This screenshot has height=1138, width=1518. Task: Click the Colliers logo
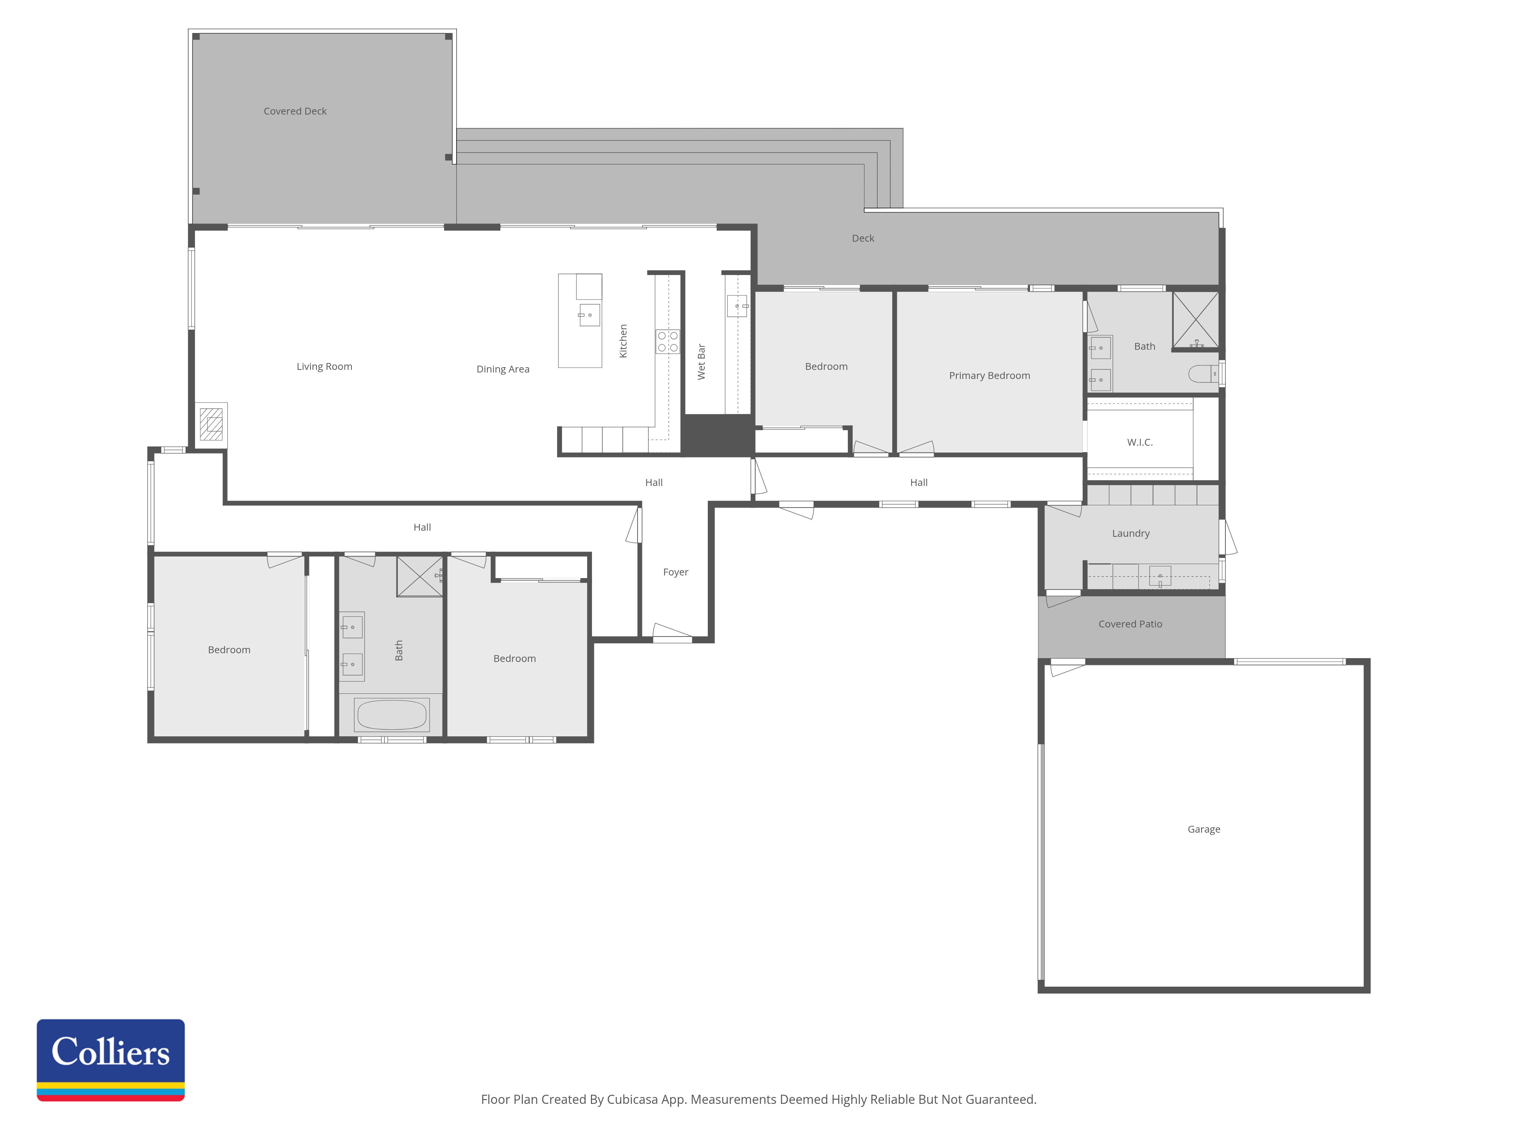point(110,1060)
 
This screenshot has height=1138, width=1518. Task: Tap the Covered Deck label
point(295,111)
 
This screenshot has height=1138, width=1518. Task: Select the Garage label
point(1204,829)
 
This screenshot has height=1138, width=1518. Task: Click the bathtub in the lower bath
point(392,715)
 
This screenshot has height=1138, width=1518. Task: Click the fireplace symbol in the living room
point(211,424)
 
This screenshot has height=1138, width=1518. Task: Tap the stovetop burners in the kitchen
point(668,342)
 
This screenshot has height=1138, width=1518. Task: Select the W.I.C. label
point(1140,442)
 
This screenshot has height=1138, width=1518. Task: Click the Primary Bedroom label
point(990,376)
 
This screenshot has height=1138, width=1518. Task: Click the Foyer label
point(675,572)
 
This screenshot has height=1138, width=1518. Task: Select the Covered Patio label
point(1130,624)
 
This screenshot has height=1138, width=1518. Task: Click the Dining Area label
point(503,369)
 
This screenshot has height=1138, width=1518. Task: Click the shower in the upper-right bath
point(1195,320)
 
